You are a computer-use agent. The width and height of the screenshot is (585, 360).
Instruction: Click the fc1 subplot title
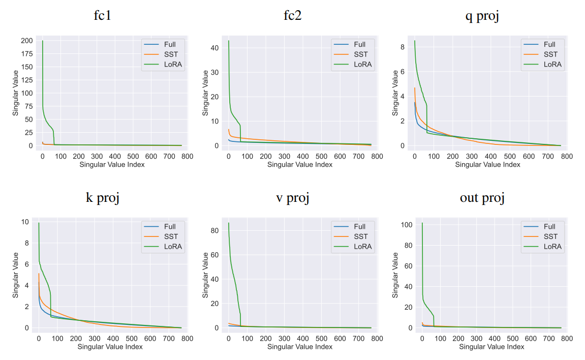pos(103,15)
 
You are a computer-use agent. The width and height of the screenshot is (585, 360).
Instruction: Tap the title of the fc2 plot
pos(292,15)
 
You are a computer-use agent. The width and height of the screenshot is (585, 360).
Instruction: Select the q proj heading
pos(482,15)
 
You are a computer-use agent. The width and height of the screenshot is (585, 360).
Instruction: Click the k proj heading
pos(103,197)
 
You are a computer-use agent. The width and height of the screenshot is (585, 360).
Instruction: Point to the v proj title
pos(292,197)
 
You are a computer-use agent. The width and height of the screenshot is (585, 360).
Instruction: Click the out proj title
pos(482,197)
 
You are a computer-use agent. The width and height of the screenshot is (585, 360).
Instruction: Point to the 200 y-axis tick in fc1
pos(26,41)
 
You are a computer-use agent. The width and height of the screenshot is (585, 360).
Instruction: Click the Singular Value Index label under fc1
pos(112,164)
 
